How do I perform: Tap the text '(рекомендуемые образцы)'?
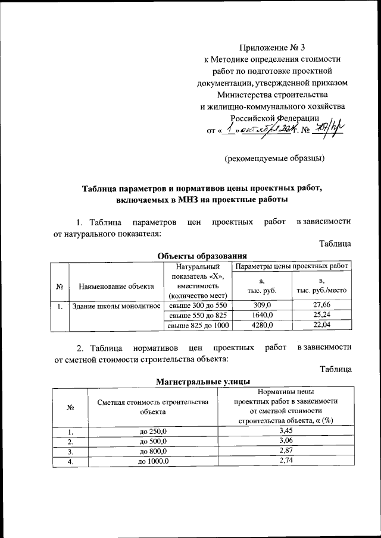(274, 159)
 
